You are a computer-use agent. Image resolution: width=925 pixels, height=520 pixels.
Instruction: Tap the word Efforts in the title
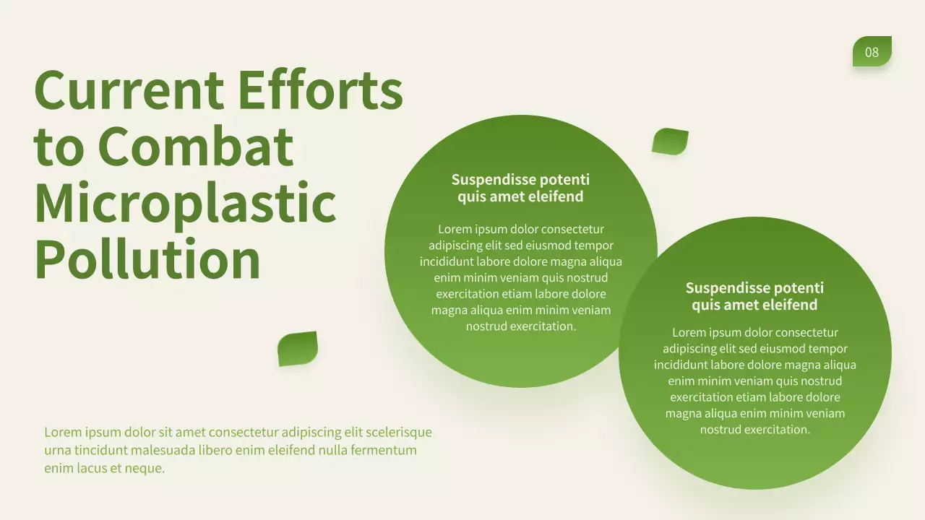pos(320,90)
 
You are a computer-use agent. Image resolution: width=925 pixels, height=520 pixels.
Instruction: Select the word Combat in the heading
pos(195,147)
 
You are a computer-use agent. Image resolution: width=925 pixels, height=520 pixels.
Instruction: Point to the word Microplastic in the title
pos(185,204)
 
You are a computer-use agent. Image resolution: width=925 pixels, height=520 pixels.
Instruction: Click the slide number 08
pos(872,52)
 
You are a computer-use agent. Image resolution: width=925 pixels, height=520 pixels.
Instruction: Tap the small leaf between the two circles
pos(670,142)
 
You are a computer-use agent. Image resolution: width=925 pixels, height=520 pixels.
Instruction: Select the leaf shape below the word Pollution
pos(298,349)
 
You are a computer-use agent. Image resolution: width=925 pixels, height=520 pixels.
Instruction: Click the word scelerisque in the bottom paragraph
pos(399,433)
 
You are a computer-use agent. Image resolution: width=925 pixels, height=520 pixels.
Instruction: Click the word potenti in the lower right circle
pos(798,288)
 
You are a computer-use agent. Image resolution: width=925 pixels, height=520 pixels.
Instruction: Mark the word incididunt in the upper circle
pos(447,262)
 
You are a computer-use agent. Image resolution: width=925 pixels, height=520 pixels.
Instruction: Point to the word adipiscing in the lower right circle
pos(690,349)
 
